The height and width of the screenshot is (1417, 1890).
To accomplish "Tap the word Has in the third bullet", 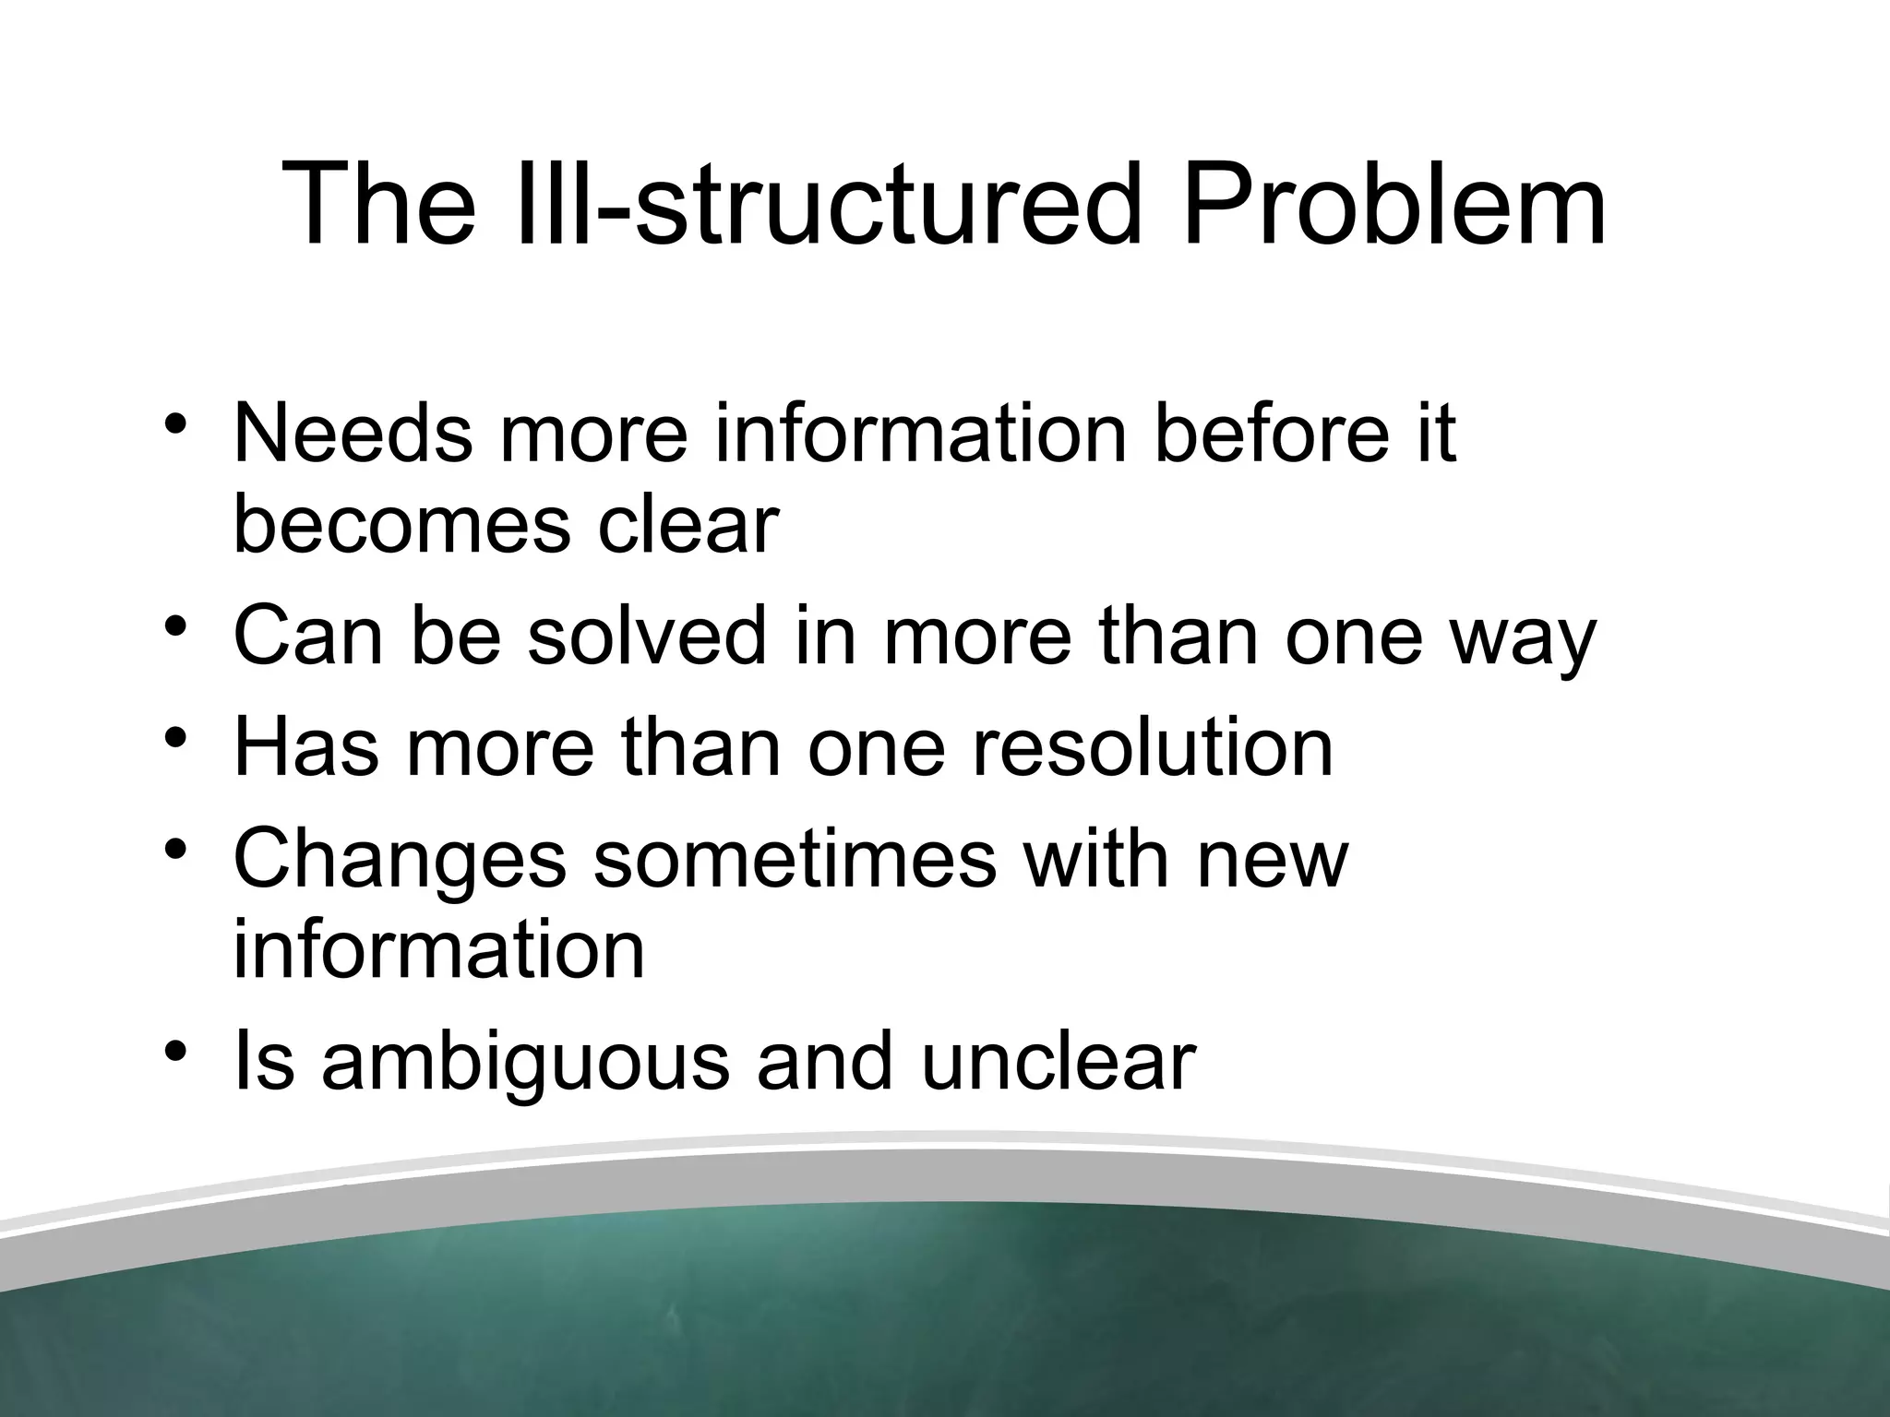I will pyautogui.click(x=305, y=747).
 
